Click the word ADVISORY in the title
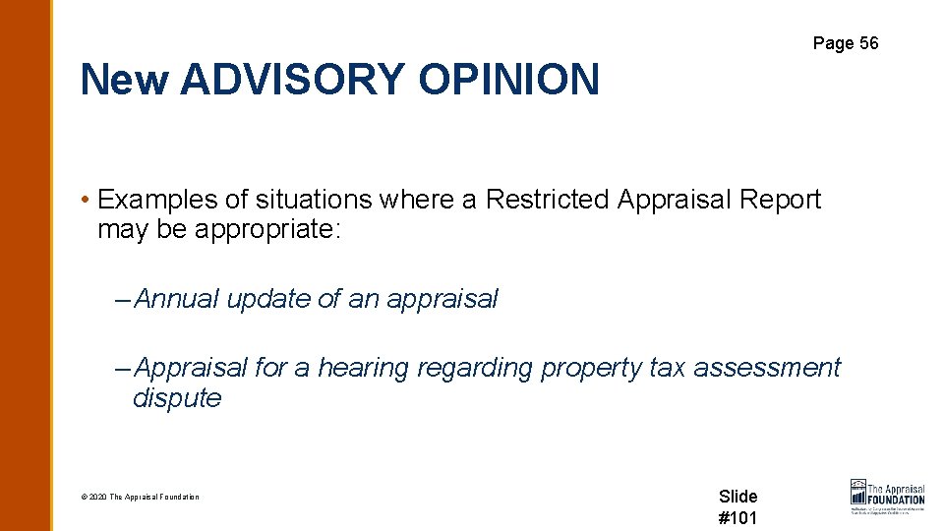click(x=292, y=79)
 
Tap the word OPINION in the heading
click(x=508, y=79)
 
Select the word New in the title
click(x=125, y=79)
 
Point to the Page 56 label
click(x=846, y=43)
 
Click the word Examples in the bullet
click(x=158, y=200)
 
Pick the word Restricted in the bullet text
click(x=548, y=200)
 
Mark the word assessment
click(x=767, y=368)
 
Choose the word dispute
click(x=177, y=398)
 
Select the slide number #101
click(x=738, y=518)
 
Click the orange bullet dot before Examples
click(x=87, y=201)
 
